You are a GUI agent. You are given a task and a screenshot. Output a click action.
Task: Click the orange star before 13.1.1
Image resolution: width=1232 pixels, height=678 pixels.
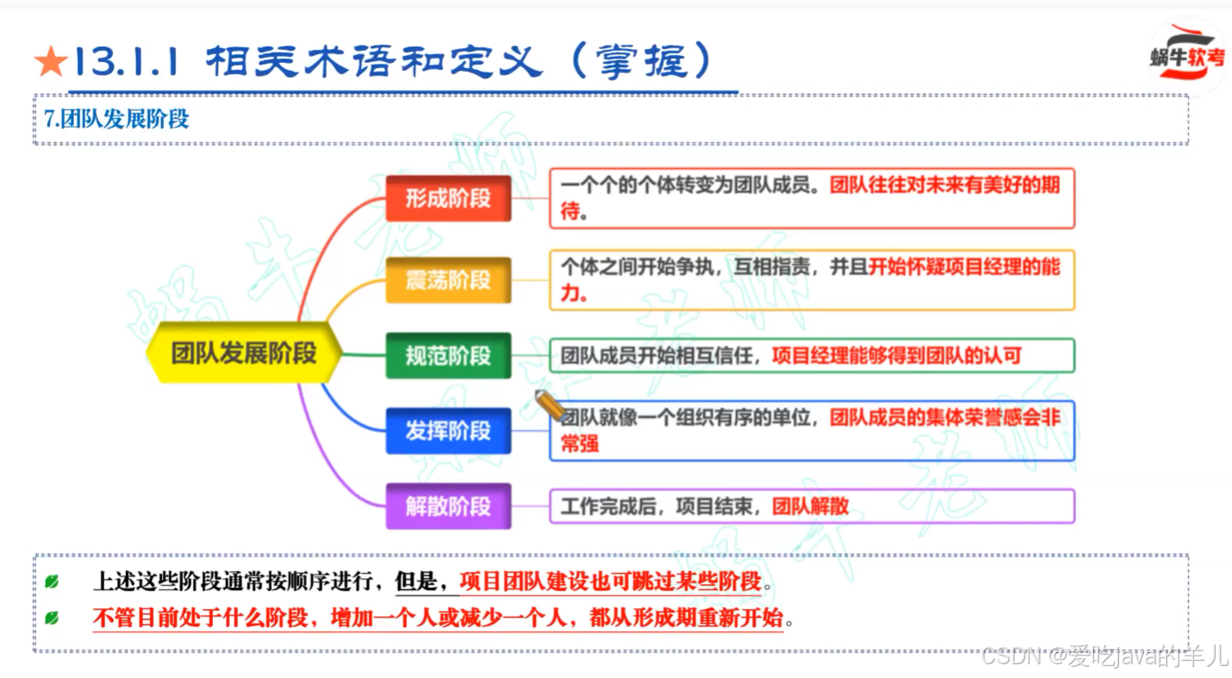[x=50, y=63]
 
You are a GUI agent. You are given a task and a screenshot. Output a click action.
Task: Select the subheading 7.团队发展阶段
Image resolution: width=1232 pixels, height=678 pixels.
[x=116, y=119]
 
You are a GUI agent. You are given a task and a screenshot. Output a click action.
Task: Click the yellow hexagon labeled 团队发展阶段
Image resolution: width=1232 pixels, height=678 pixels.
[x=244, y=352]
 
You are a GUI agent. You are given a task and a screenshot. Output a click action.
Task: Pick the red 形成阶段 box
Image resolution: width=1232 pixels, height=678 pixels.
[x=448, y=198]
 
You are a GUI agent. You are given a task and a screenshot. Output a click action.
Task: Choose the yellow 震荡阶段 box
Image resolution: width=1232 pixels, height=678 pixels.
[x=448, y=280]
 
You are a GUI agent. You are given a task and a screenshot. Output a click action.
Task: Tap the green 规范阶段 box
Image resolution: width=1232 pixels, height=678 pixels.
[x=448, y=355]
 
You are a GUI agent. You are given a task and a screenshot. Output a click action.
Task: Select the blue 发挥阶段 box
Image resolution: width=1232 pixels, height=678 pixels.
[x=448, y=431]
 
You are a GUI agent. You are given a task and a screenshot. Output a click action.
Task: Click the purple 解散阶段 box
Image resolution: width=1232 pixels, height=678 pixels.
[x=448, y=507]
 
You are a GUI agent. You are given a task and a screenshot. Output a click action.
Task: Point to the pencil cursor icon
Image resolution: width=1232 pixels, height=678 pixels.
[x=548, y=404]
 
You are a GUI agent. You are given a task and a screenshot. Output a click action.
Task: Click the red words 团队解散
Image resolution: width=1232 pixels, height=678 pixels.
[x=810, y=507]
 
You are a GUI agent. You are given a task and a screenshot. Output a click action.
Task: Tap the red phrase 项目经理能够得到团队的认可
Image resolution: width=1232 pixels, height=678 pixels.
[x=897, y=355]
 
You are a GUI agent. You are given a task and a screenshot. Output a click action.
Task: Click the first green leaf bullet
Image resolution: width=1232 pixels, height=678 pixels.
[x=52, y=583]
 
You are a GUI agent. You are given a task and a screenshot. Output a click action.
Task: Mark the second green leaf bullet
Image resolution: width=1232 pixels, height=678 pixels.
[x=52, y=618]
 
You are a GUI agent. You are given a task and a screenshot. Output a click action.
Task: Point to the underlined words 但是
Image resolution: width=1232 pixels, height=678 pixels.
[x=417, y=582]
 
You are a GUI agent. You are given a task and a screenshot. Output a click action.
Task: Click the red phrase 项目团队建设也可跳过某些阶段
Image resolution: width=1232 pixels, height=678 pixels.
[x=610, y=582]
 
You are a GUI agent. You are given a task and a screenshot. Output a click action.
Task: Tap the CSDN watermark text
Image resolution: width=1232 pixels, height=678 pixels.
[x=1104, y=656]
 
